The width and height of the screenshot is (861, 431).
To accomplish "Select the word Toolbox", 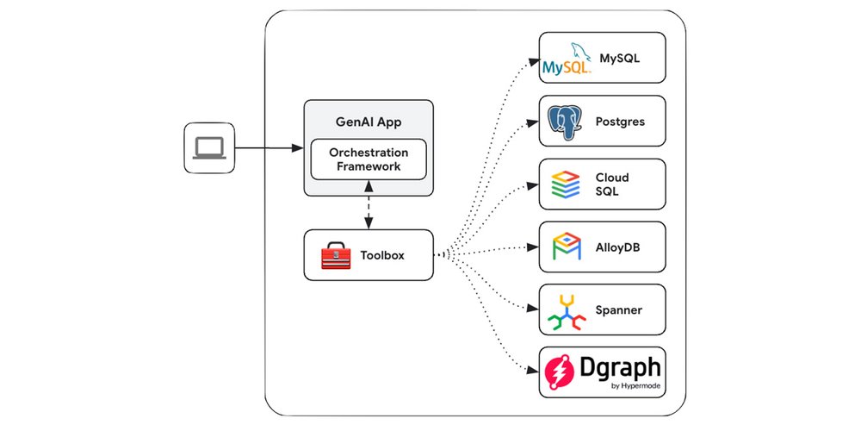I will [x=382, y=255].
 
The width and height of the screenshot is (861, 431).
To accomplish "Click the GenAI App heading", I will [x=369, y=121].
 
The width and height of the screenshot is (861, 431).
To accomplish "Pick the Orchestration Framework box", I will [x=369, y=159].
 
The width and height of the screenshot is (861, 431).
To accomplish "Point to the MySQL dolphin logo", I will [x=567, y=60].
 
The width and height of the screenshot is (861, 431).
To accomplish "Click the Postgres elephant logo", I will [x=567, y=122].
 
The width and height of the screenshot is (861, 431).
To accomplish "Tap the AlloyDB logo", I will [x=567, y=247].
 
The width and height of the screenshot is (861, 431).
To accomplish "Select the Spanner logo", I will [x=567, y=312].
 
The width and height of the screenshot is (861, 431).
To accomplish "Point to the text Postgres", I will [x=620, y=122].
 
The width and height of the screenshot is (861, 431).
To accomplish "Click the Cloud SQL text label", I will [x=608, y=184].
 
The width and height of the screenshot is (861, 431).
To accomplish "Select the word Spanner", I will [x=620, y=310].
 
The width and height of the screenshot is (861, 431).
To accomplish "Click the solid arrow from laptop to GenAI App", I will [x=267, y=147].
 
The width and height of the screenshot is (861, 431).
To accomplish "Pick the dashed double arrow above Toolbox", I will [x=369, y=205].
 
